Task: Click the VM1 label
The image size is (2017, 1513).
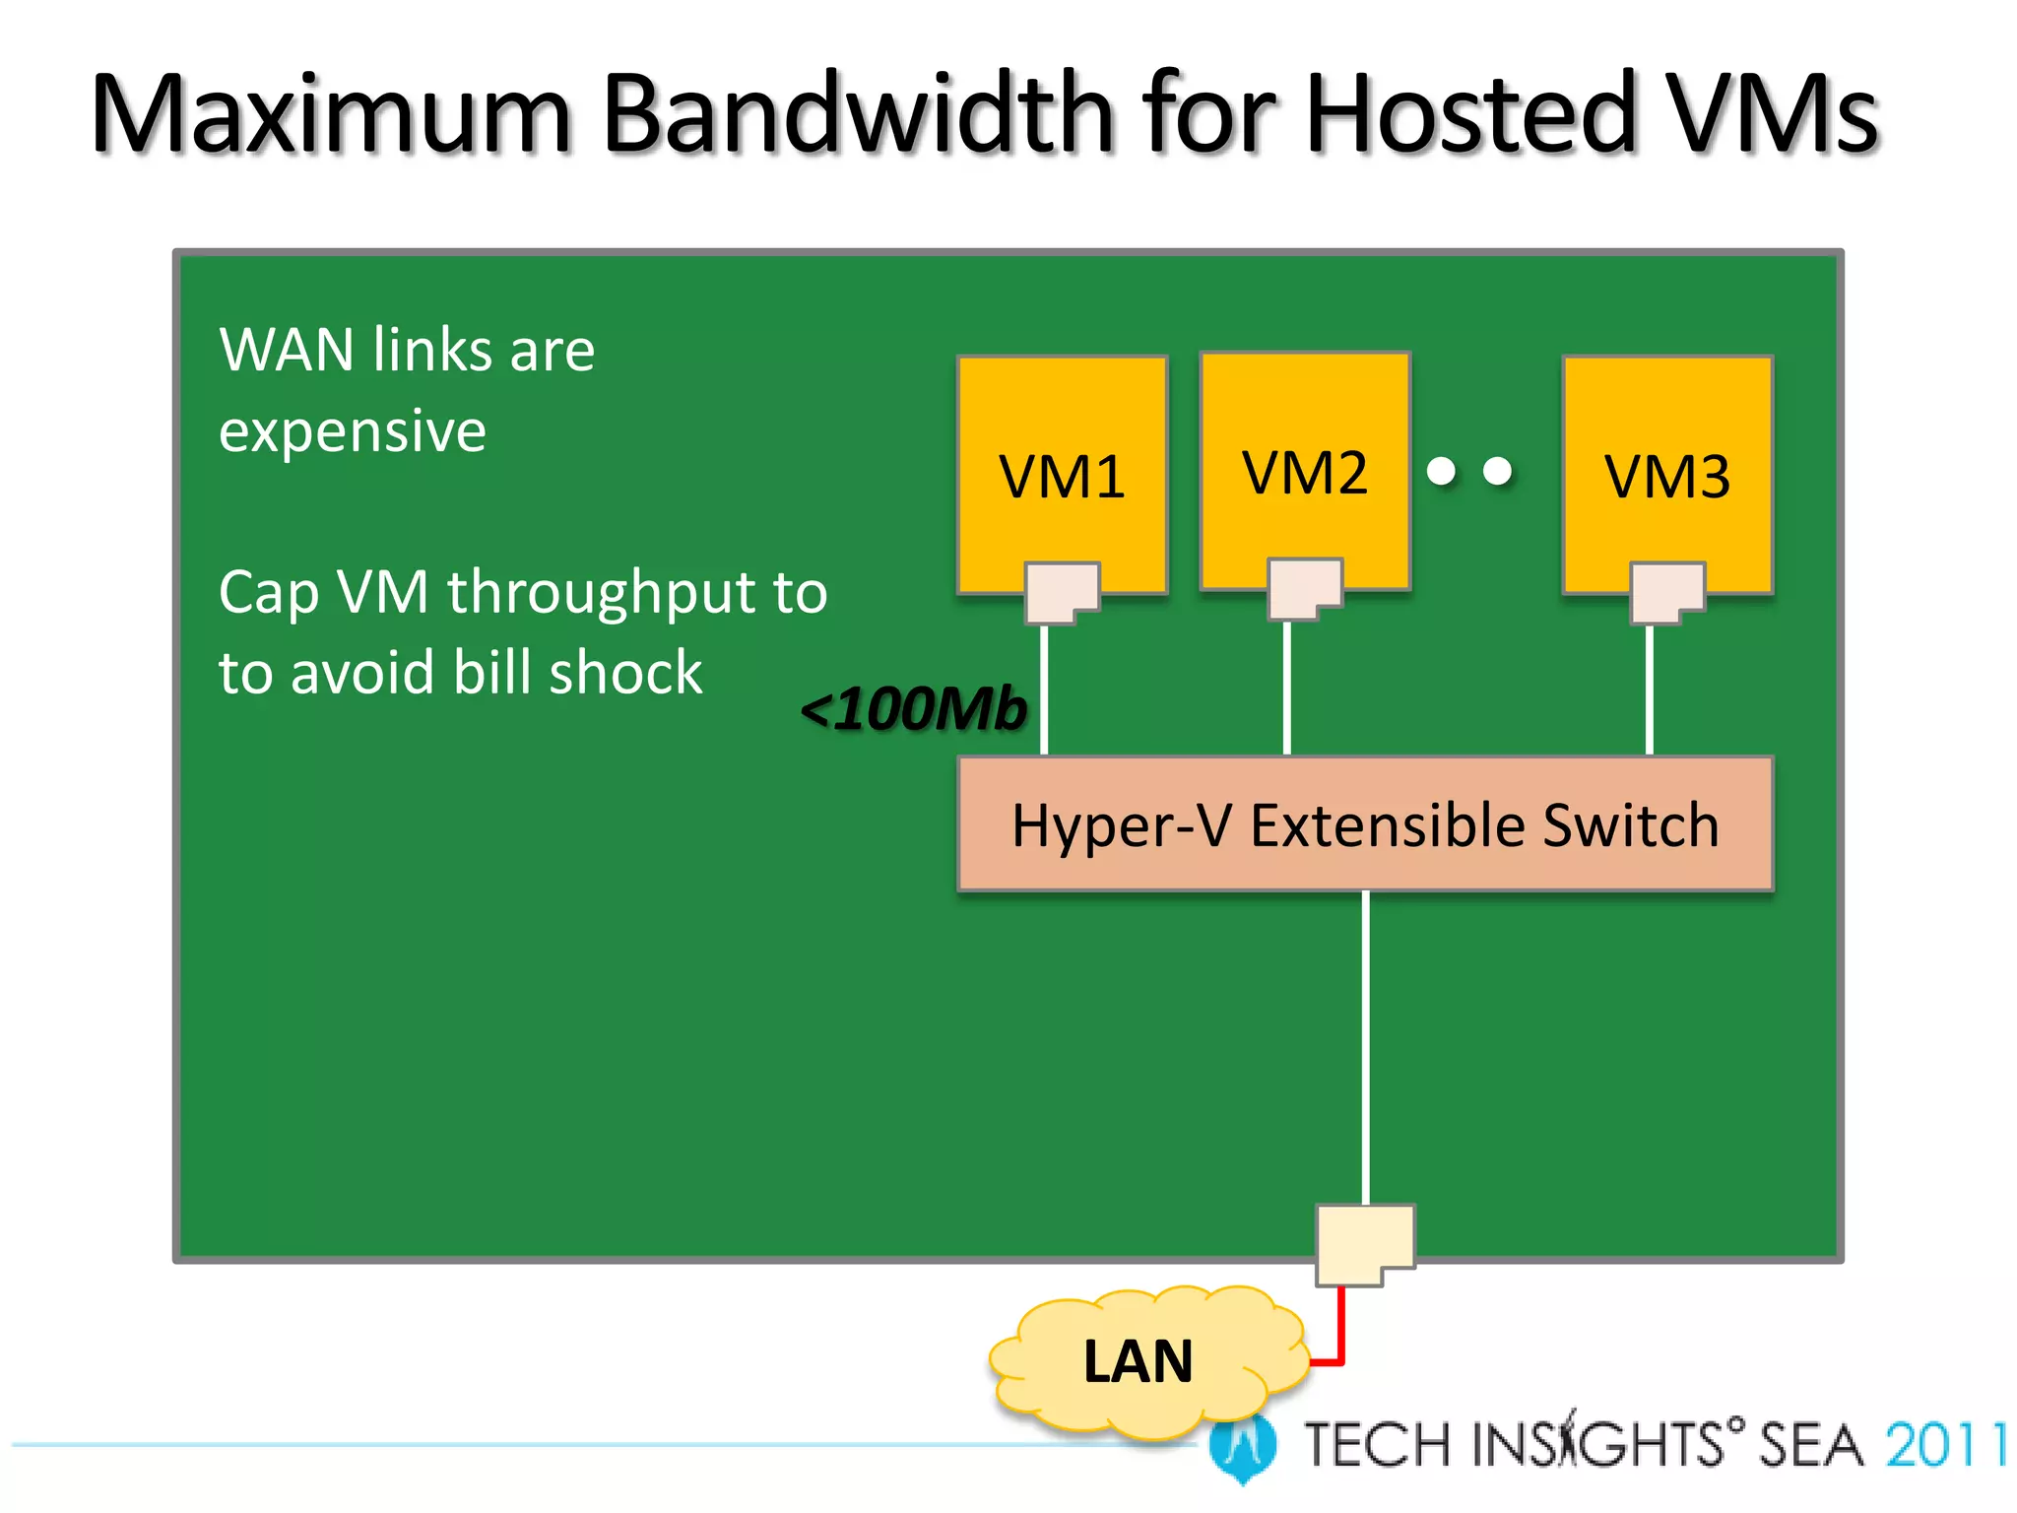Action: point(1062,478)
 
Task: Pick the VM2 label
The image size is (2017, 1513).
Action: point(1305,473)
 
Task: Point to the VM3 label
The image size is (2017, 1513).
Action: point(1667,478)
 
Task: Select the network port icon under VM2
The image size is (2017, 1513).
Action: point(1304,589)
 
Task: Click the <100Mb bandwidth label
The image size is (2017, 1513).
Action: point(914,708)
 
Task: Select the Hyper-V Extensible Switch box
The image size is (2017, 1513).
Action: point(1365,824)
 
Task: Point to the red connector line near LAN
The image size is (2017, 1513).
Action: point(1340,1330)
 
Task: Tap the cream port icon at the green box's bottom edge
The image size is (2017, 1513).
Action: point(1365,1243)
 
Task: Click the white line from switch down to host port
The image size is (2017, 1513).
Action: point(1365,1044)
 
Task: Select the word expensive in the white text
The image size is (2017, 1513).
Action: point(353,431)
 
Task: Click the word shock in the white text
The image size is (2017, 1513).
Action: point(625,673)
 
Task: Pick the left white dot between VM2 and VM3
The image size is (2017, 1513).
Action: point(1441,471)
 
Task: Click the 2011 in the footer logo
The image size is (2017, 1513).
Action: point(1945,1445)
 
